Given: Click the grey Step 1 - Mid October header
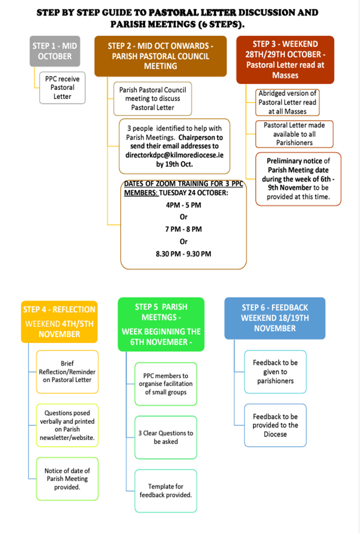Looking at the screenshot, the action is (x=55, y=51).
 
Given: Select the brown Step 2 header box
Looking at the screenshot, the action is (x=160, y=56).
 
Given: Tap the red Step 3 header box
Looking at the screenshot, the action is (x=285, y=60).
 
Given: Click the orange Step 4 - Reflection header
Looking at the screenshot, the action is (x=60, y=322).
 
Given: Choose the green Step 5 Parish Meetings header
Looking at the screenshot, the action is (x=161, y=324).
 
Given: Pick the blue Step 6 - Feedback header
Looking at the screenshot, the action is (x=275, y=318).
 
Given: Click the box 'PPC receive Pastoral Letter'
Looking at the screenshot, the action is (x=62, y=88).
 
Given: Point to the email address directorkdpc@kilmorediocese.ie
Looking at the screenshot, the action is (x=175, y=155).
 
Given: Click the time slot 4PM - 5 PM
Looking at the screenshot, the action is (x=183, y=205).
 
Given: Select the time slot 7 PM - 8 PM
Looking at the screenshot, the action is (x=183, y=229).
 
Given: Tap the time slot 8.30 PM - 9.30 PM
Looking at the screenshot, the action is (x=183, y=254).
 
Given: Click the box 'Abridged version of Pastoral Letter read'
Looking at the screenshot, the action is (x=287, y=102).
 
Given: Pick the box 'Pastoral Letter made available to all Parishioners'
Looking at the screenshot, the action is (x=295, y=134).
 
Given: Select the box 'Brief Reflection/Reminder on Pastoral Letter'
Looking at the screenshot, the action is (x=67, y=372).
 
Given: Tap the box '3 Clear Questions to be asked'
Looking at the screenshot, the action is (x=166, y=438).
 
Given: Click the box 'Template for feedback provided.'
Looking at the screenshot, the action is (x=166, y=491).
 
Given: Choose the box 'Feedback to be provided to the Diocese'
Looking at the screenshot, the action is (x=275, y=425).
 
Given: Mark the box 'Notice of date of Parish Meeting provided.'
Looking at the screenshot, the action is (x=67, y=478).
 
